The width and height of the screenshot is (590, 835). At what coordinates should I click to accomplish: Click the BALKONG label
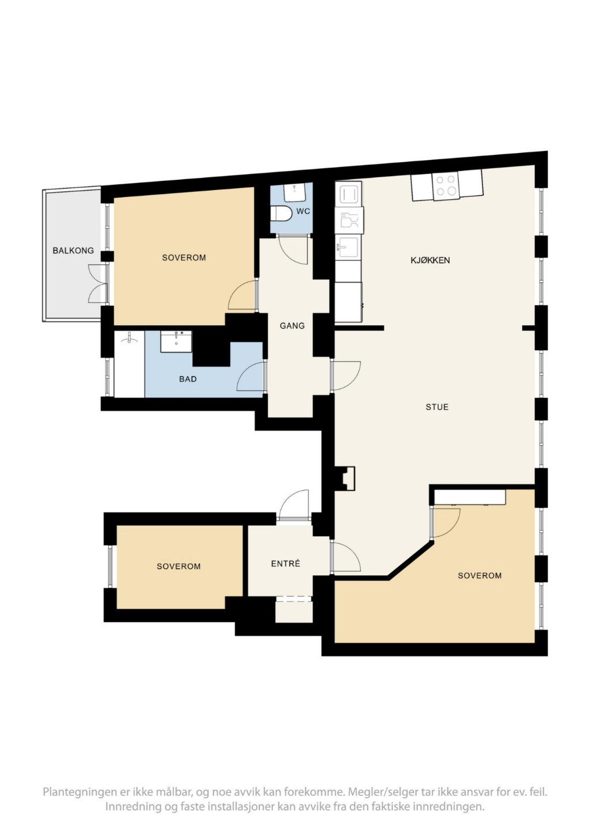[x=73, y=251]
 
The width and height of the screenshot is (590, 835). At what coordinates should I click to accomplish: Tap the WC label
[x=303, y=211]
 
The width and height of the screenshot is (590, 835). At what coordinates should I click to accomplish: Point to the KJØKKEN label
[x=430, y=260]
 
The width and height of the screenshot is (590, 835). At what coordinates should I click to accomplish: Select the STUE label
[x=437, y=407]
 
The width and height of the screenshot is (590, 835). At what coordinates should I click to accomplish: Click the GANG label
[x=292, y=325]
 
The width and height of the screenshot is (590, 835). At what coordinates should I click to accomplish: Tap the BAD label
[x=188, y=379]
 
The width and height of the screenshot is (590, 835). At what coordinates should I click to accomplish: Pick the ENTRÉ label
[x=286, y=563]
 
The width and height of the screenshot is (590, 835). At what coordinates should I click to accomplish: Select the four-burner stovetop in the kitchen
[x=446, y=185]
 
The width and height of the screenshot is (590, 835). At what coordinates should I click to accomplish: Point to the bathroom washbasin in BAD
[x=176, y=341]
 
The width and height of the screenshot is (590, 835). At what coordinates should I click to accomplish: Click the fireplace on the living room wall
[x=345, y=479]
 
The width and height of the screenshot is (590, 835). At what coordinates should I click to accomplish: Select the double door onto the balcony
[x=98, y=283]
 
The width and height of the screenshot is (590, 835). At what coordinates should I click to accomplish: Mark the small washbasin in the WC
[x=295, y=192]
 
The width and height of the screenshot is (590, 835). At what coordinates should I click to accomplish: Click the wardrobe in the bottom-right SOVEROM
[x=470, y=498]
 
